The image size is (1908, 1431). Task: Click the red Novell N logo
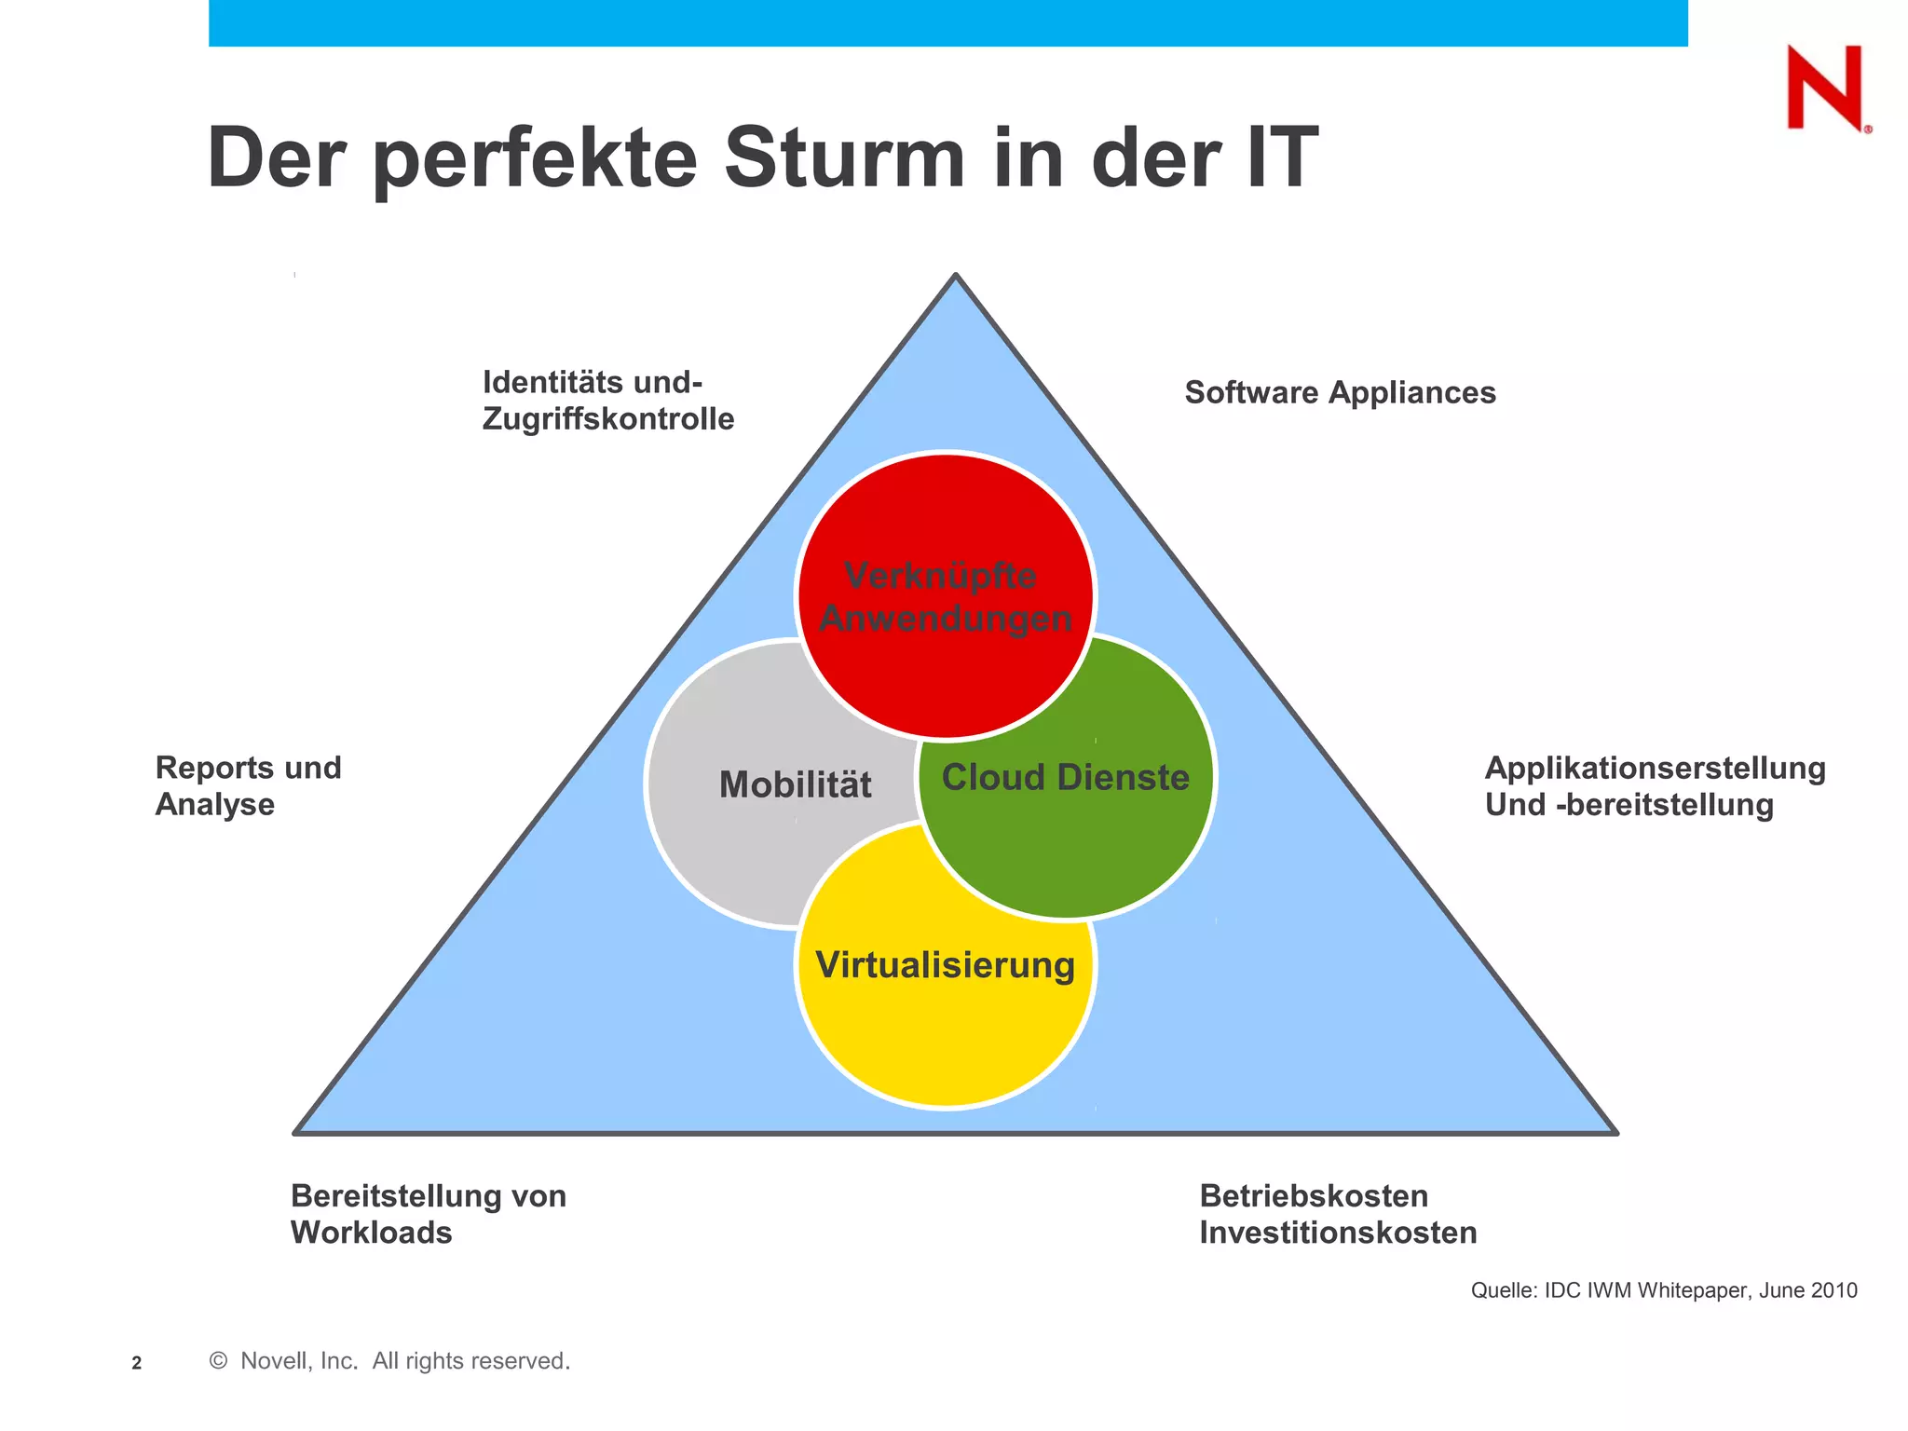[x=1825, y=89]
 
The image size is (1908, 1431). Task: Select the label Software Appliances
[x=1340, y=393]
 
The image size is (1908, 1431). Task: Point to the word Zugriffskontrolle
[x=608, y=419]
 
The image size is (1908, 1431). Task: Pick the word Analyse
[x=215, y=805]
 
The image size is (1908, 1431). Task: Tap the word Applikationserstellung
[x=1655, y=769]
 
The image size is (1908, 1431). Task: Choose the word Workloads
[x=371, y=1233]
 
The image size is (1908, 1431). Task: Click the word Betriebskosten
[x=1314, y=1196]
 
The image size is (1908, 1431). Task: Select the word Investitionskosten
[x=1338, y=1233]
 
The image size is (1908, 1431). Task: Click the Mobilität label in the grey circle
[x=795, y=784]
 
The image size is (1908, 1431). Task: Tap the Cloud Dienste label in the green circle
[x=1065, y=777]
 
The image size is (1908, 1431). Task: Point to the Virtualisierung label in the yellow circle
[x=945, y=965]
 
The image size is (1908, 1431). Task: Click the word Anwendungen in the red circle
[x=945, y=619]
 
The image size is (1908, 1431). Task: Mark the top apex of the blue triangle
[x=955, y=276]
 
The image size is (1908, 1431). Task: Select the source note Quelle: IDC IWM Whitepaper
[x=1664, y=1290]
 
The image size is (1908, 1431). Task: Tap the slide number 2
[x=137, y=1363]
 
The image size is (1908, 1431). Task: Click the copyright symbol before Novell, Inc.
[x=219, y=1361]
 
